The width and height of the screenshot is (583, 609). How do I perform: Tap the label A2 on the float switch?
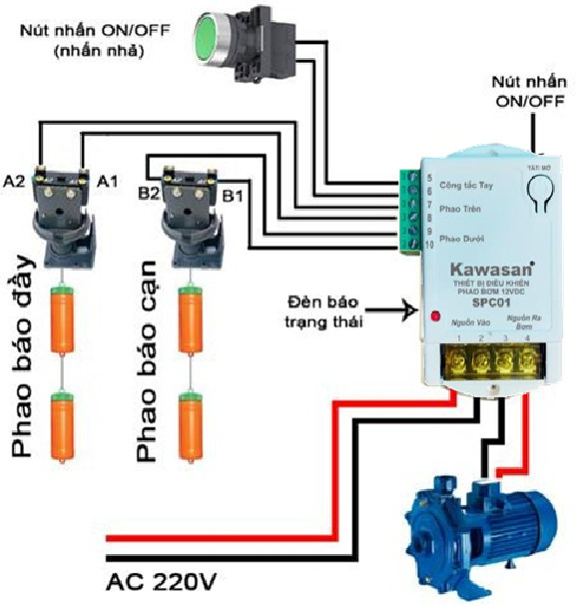coord(14,181)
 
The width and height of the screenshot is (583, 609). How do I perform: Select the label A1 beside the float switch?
coord(107,181)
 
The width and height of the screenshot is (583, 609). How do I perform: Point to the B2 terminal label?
coord(150,193)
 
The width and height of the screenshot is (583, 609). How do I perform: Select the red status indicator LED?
coord(435,317)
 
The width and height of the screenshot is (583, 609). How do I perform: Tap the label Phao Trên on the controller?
coord(460,211)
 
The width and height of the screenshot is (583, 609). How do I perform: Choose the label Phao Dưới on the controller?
coord(461,239)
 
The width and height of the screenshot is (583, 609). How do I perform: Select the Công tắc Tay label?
coord(465,185)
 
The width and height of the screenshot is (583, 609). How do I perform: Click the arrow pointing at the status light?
coord(394,311)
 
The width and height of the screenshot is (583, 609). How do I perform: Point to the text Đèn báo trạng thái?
coord(323,310)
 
